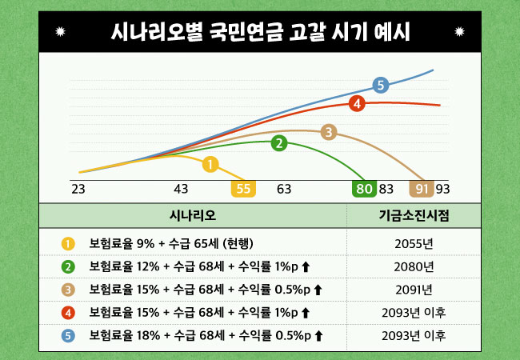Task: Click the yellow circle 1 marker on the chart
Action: [x=210, y=165]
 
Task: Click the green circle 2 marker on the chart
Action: [x=279, y=143]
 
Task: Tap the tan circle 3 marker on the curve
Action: [x=328, y=132]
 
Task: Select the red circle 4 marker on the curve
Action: [x=357, y=103]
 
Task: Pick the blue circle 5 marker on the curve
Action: [x=381, y=85]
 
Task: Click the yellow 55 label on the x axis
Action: [x=244, y=190]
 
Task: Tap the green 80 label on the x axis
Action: [x=364, y=190]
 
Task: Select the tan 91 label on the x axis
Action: [x=422, y=190]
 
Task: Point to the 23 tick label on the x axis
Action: [x=78, y=190]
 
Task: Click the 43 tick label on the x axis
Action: [x=181, y=190]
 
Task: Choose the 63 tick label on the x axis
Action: [x=284, y=190]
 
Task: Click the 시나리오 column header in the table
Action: [x=193, y=216]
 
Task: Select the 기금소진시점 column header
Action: [x=414, y=216]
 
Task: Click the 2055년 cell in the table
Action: [x=414, y=243]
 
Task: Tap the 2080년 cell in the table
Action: [x=414, y=266]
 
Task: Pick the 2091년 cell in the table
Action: [x=414, y=290]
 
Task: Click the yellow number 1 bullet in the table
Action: [x=68, y=243]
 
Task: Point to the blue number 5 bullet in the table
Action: [x=68, y=336]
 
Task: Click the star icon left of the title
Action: [x=62, y=33]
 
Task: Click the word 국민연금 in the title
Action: [x=239, y=33]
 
